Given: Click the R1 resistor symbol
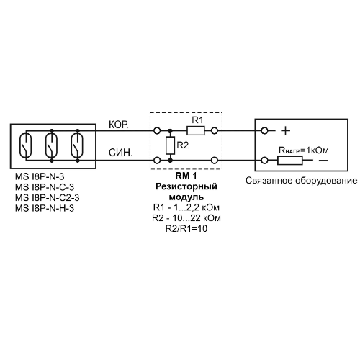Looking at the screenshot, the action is [x=196, y=131].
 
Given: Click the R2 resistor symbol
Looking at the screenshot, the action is [x=170, y=145].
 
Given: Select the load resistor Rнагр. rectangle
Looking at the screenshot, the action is [x=290, y=161].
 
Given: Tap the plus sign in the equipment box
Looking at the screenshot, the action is [x=285, y=131].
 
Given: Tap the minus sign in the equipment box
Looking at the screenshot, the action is [x=323, y=161].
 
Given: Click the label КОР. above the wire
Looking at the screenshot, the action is [x=119, y=125].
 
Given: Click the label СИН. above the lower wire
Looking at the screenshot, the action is [x=120, y=153].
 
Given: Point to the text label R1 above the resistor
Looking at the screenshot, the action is [x=197, y=120].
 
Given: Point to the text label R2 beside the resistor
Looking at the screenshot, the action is [x=183, y=145].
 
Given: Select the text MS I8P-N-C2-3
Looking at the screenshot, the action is [x=47, y=198].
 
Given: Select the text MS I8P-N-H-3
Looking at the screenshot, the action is [x=45, y=208].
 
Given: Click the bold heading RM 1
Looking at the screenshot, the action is [x=186, y=176].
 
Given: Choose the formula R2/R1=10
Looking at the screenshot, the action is [x=186, y=228].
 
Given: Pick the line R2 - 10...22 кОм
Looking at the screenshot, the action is [x=186, y=218].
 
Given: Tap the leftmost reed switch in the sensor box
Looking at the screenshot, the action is [x=25, y=145].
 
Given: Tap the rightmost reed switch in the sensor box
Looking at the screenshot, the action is [x=77, y=145].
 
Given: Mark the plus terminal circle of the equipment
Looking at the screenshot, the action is [x=264, y=131].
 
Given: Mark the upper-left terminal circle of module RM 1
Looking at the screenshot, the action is [x=157, y=131].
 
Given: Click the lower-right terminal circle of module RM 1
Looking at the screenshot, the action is [x=215, y=161].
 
